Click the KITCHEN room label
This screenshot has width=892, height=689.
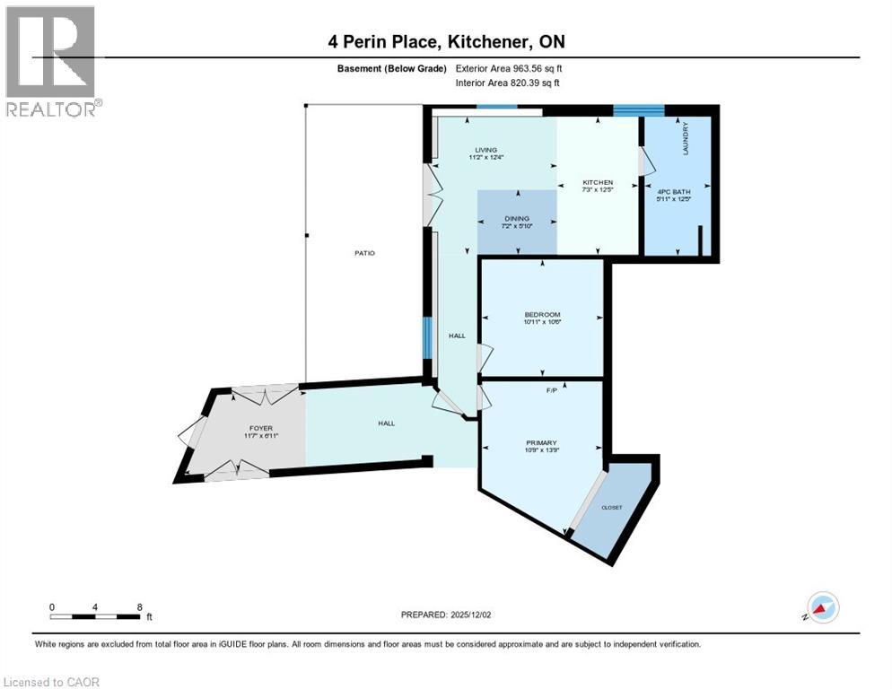coord(597,182)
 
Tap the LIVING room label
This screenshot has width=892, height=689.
coord(485,150)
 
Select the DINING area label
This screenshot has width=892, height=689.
coord(516,218)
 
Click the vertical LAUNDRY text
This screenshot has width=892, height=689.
coord(686,139)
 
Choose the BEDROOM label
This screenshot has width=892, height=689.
coord(542,314)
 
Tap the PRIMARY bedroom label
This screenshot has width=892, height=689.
coord(541,442)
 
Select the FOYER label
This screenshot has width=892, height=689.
coord(260,429)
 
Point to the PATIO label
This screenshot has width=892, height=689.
coord(363,253)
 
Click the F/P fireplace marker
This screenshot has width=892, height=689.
coord(553,390)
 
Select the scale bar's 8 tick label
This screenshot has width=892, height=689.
coord(140,606)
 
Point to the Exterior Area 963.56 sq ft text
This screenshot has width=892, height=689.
coord(509,68)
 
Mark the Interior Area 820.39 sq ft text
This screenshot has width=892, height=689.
coord(508,83)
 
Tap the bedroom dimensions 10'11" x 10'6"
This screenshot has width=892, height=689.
coord(542,324)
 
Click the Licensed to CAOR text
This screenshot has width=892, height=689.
coord(52,682)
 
